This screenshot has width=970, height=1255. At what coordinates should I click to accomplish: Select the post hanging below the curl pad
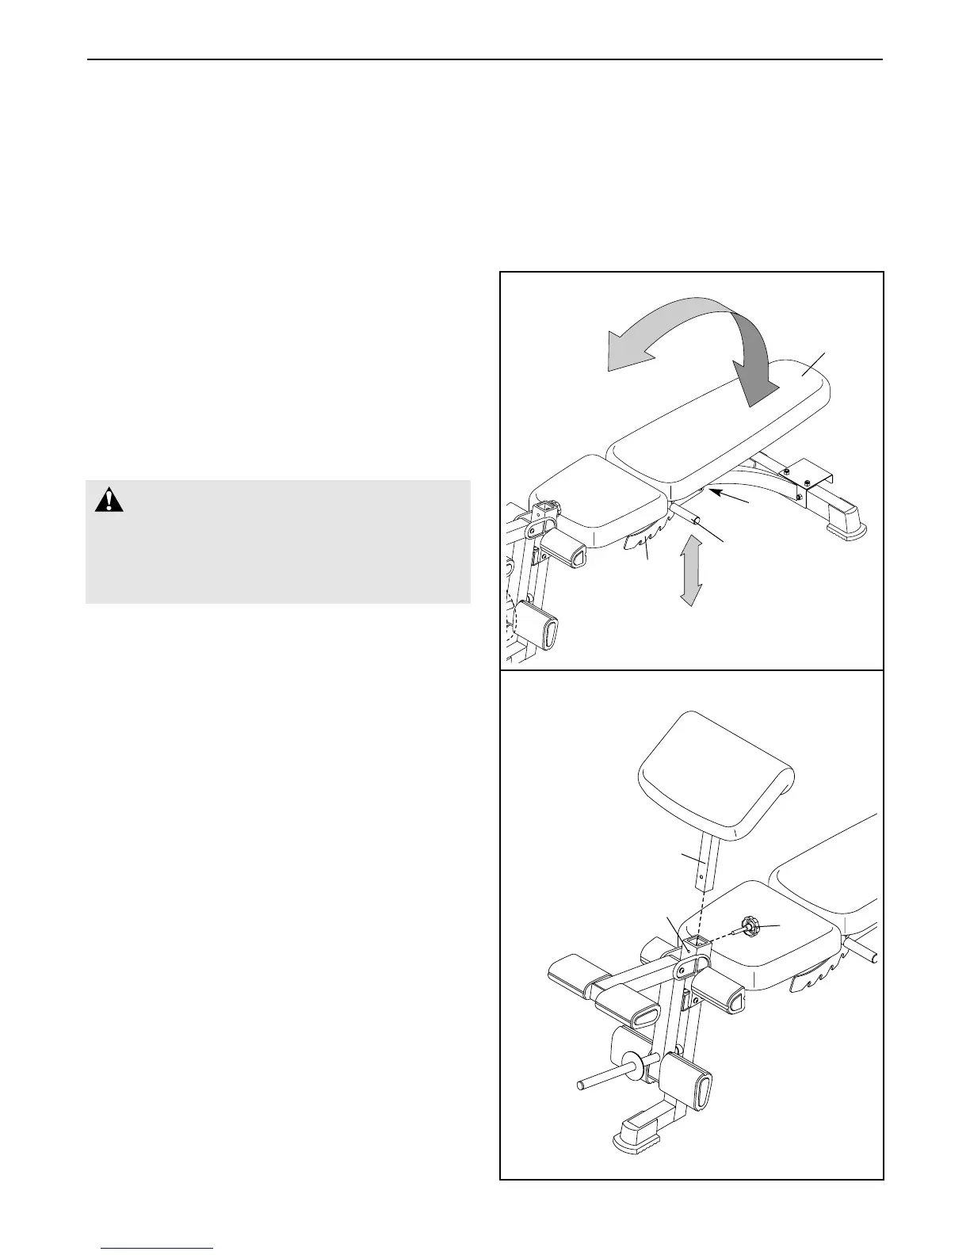click(704, 868)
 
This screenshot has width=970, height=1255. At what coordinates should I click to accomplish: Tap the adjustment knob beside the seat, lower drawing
click(749, 925)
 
